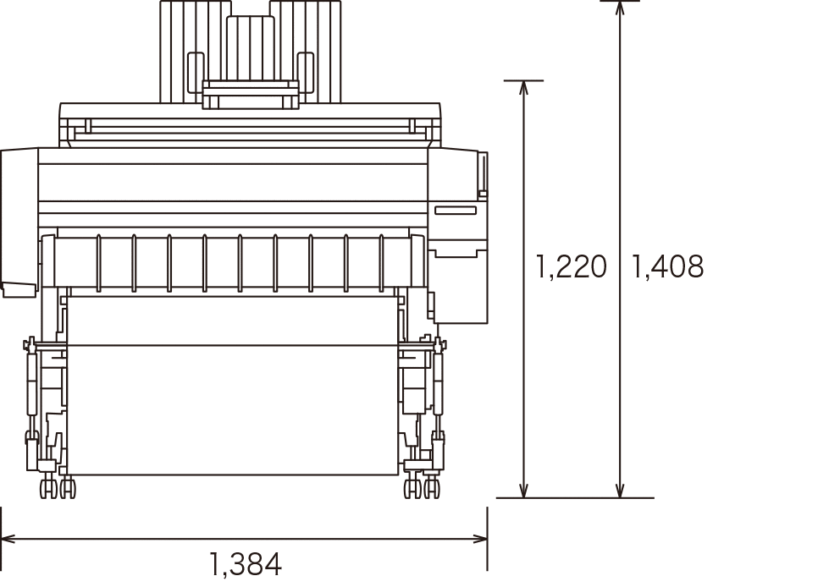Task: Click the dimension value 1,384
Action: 246,564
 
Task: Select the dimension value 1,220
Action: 572,266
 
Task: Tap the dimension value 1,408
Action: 668,266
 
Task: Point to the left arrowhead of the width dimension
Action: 8,538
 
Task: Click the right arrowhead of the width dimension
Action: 480,538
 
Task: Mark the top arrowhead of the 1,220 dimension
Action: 523,88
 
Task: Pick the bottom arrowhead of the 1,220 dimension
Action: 523,490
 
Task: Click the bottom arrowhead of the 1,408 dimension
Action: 620,490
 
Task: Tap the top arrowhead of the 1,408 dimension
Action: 620,8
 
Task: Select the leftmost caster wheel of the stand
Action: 49,489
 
